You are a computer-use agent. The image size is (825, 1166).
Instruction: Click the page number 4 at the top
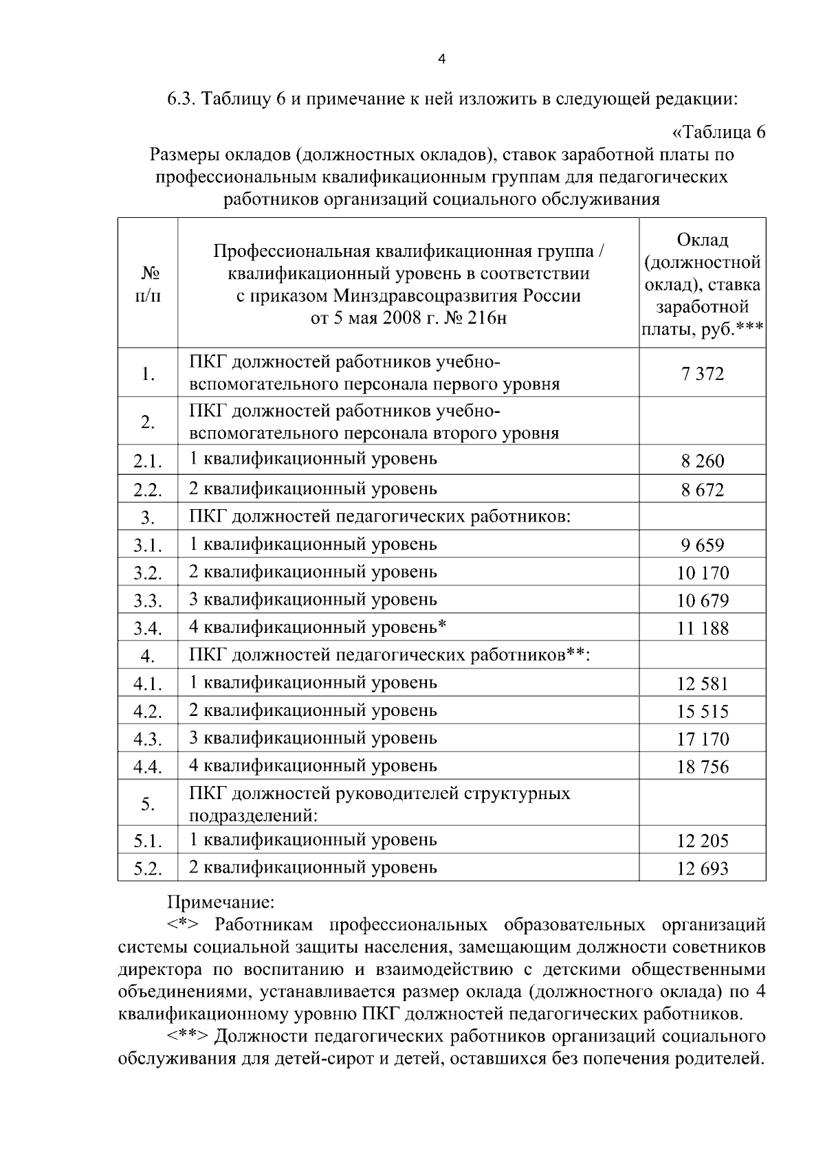(x=441, y=60)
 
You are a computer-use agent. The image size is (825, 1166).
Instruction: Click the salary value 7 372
(x=702, y=374)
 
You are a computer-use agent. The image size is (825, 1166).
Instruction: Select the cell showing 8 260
(x=702, y=461)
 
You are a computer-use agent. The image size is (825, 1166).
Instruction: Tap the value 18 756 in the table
(x=702, y=767)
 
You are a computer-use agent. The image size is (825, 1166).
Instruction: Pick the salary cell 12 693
(x=702, y=868)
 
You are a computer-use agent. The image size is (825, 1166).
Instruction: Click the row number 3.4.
(x=147, y=629)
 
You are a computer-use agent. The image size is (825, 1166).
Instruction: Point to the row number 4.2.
(x=147, y=712)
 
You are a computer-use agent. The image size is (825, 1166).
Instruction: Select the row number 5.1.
(x=147, y=841)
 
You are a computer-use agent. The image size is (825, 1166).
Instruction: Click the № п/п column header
(x=148, y=283)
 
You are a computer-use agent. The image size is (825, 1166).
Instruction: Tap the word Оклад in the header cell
(x=702, y=240)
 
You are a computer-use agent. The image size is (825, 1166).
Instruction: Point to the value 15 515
(x=702, y=712)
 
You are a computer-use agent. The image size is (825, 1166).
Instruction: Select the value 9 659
(x=702, y=546)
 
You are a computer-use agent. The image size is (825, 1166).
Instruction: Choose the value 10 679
(x=702, y=601)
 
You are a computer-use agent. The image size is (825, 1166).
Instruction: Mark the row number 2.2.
(x=147, y=491)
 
